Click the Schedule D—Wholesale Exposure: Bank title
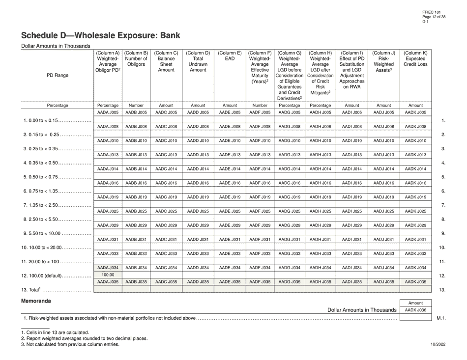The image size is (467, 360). [x=100, y=35]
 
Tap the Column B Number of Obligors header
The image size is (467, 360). [x=136, y=59]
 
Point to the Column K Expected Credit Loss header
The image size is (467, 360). [x=415, y=59]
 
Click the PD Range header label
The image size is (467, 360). [x=58, y=75]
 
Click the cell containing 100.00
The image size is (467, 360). [x=108, y=275]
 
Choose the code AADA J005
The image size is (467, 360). [x=108, y=112]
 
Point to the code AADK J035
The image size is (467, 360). [x=415, y=282]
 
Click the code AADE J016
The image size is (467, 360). [x=230, y=183]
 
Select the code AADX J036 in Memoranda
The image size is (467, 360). [x=415, y=310]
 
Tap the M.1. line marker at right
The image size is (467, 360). [x=440, y=319]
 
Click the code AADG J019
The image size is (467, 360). [x=290, y=197]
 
